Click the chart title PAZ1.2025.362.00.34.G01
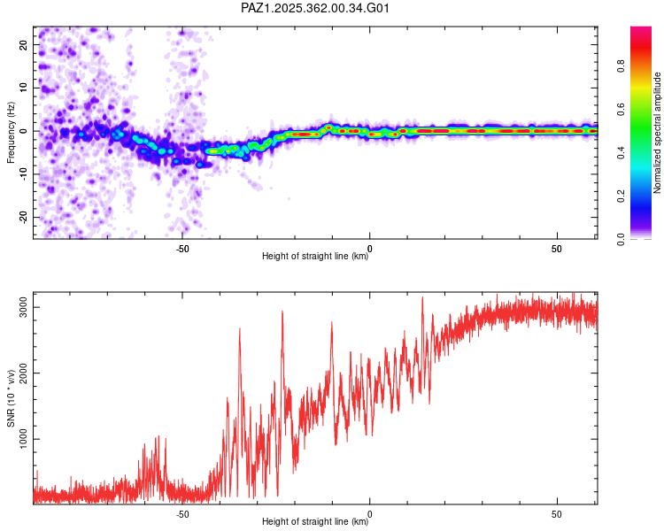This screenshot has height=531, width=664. (315, 8)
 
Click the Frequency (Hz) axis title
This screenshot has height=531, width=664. (11, 132)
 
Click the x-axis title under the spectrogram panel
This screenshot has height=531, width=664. (315, 257)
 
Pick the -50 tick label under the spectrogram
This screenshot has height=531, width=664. (182, 249)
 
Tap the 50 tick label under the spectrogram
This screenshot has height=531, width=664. (557, 249)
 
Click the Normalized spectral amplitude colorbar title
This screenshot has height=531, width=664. (658, 132)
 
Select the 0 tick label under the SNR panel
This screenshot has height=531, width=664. (370, 514)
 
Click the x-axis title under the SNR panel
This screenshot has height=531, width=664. (315, 522)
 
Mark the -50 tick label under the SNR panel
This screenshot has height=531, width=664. (182, 514)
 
